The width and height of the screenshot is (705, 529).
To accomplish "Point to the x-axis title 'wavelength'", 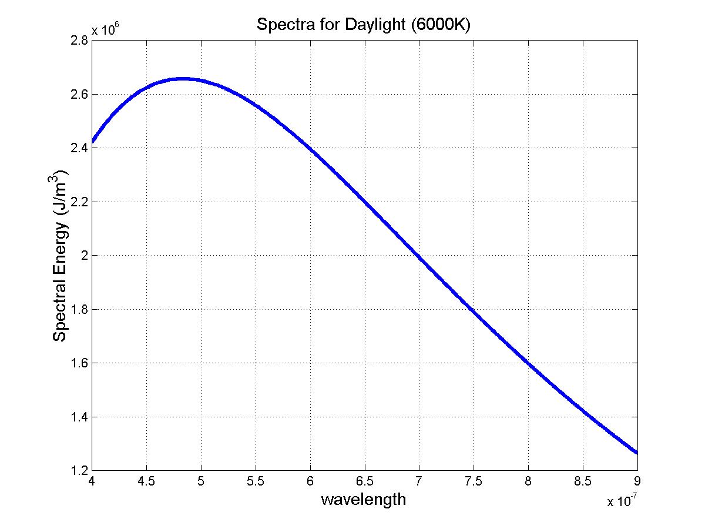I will pyautogui.click(x=363, y=500).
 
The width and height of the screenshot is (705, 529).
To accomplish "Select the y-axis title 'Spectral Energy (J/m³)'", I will pyautogui.click(x=61, y=256).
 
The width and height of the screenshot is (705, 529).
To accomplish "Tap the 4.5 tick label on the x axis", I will pyautogui.click(x=146, y=481).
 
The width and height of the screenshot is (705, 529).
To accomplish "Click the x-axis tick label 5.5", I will pyautogui.click(x=256, y=481).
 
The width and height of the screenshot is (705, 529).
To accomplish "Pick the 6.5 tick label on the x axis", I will pyautogui.click(x=365, y=481).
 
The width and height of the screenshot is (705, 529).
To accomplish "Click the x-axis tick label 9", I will pyautogui.click(x=637, y=481).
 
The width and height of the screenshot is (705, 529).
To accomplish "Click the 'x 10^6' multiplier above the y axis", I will pyautogui.click(x=106, y=30).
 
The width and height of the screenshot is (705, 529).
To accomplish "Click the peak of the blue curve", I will pyautogui.click(x=183, y=78).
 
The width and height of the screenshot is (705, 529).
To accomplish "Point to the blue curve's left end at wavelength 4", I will pyautogui.click(x=92, y=142).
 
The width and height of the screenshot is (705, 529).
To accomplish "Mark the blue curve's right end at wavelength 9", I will pyautogui.click(x=637, y=453).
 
